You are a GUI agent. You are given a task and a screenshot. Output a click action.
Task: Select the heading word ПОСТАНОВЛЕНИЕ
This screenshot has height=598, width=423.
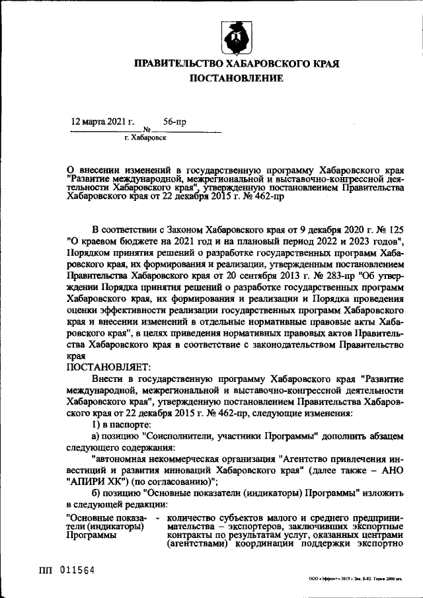click(237, 79)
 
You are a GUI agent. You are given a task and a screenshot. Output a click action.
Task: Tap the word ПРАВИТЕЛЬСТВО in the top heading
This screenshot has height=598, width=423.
click(180, 64)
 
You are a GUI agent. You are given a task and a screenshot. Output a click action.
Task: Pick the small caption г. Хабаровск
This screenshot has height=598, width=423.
click(145, 138)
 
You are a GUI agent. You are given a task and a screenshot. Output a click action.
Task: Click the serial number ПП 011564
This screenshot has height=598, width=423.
click(65, 569)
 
